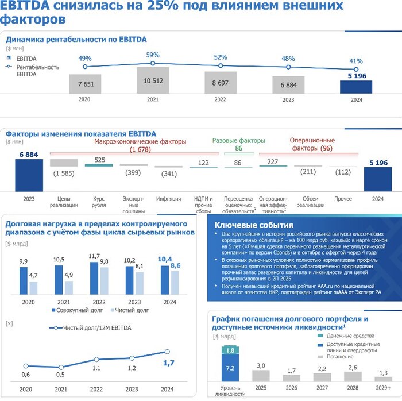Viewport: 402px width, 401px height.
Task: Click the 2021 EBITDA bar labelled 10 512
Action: pyautogui.click(x=153, y=80)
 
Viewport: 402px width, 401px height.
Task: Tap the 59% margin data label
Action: pyautogui.click(x=153, y=55)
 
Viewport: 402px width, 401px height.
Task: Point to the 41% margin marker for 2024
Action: pyautogui.click(x=356, y=69)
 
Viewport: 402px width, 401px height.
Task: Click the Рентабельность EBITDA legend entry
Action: pyautogui.click(x=38, y=71)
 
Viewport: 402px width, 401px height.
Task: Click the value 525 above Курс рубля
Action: pyautogui.click(x=99, y=160)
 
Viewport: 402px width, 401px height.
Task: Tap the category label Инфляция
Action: pyautogui.click(x=168, y=199)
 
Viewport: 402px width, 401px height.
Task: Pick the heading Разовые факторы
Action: pyautogui.click(x=239, y=141)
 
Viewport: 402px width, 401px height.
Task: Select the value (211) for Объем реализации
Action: pyautogui.click(x=308, y=171)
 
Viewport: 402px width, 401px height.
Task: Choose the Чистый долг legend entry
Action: pyautogui.click(x=133, y=310)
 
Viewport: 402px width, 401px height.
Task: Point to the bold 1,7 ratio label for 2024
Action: pyautogui.click(x=168, y=363)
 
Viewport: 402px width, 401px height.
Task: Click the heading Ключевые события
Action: pyautogui.click(x=253, y=225)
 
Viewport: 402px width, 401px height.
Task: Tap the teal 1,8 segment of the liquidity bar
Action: pyautogui.click(x=230, y=350)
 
